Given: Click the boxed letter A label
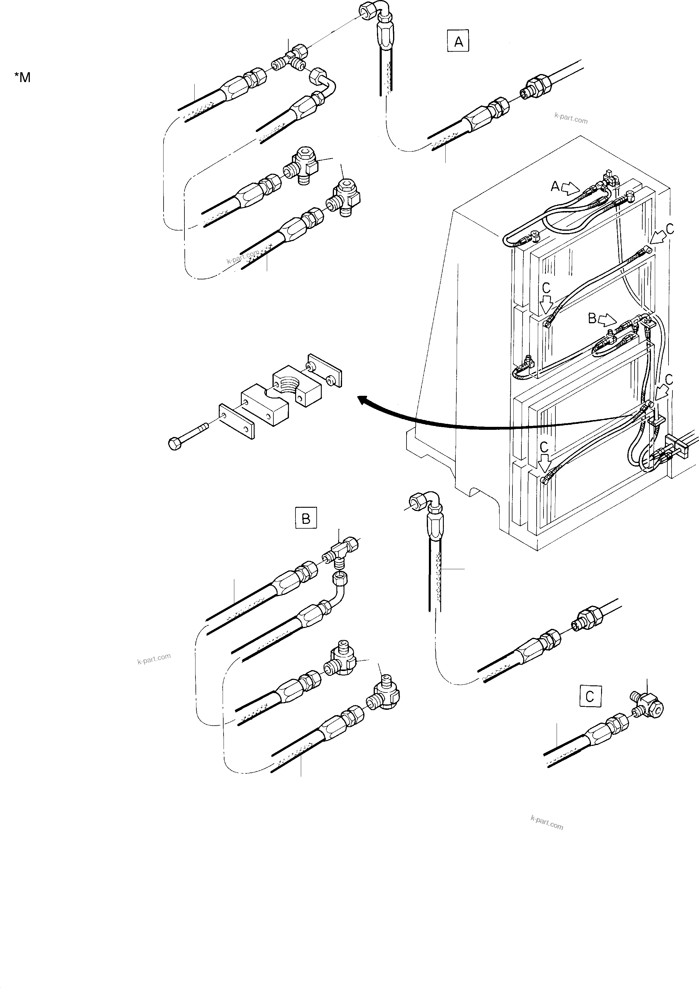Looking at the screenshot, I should tap(458, 41).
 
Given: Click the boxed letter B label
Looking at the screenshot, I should tap(306, 518).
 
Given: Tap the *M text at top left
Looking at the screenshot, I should tap(22, 78).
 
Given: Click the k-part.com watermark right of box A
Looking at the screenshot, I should tap(571, 118).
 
